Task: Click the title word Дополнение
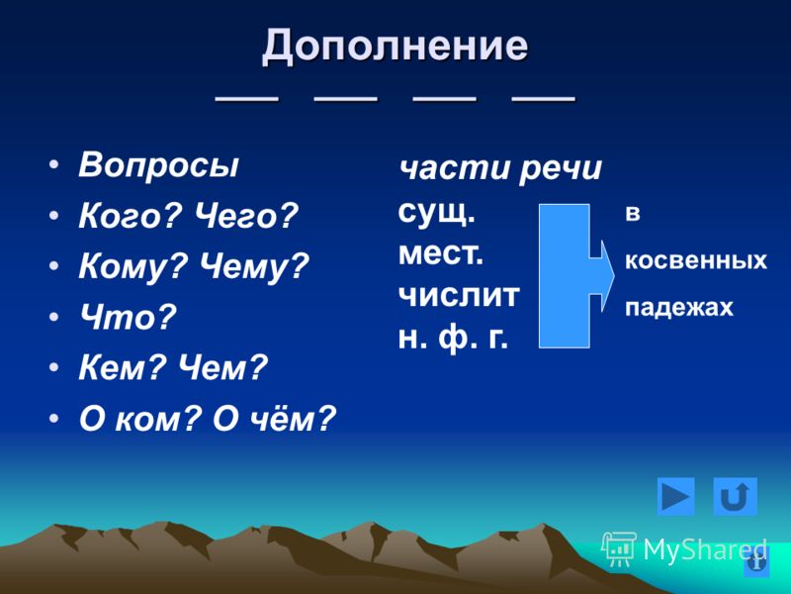pyautogui.click(x=395, y=47)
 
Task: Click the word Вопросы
pyautogui.click(x=158, y=164)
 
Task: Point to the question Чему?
pyautogui.click(x=255, y=266)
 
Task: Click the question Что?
pyautogui.click(x=127, y=318)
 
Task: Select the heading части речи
pyautogui.click(x=499, y=168)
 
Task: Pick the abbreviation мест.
pyautogui.click(x=440, y=252)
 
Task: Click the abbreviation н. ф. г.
pyautogui.click(x=453, y=338)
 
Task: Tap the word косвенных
pyautogui.click(x=696, y=261)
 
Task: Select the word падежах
pyautogui.click(x=679, y=308)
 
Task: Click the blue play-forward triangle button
pyautogui.click(x=676, y=496)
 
